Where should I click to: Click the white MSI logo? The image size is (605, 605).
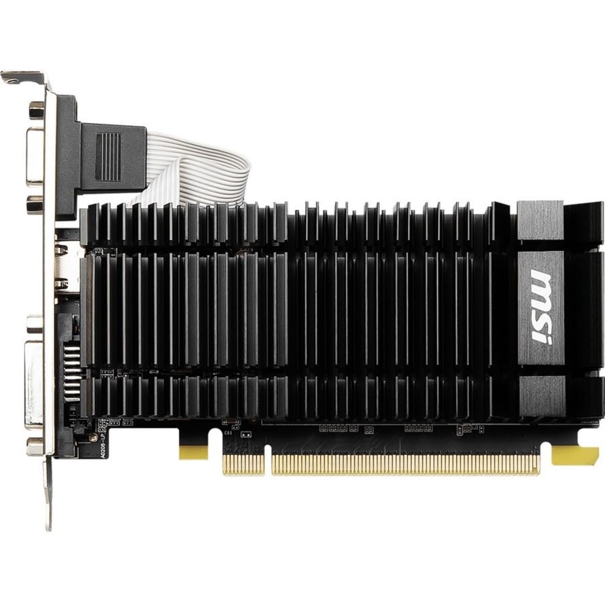point(541,306)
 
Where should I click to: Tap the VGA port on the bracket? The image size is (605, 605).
point(34,156)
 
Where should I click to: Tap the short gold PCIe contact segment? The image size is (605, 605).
point(244,464)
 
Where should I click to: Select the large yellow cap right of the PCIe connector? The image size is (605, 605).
point(574,454)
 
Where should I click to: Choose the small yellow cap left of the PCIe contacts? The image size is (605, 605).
point(194,452)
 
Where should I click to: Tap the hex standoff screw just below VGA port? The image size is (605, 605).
point(35,205)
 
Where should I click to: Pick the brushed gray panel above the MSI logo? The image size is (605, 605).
point(540,219)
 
